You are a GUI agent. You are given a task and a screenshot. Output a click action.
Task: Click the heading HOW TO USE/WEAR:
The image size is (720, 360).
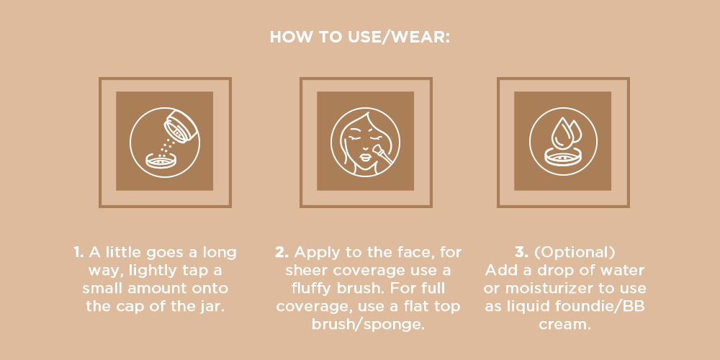(x=360, y=36)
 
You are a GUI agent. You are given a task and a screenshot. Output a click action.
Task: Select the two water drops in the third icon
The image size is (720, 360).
(x=565, y=132)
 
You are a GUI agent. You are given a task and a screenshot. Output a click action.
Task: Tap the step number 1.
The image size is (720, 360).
(x=78, y=253)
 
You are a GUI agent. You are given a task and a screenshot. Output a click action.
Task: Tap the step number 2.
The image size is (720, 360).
(x=282, y=253)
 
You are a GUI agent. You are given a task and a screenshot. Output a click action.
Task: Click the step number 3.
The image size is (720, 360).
(x=522, y=253)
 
